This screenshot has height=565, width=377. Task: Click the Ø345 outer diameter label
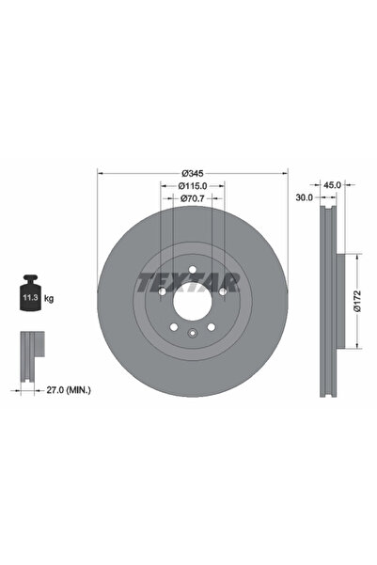tap(193, 173)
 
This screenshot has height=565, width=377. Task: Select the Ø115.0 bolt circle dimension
tap(193, 186)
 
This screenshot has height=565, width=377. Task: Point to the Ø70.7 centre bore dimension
tap(193, 198)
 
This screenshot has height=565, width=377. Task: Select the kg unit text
tap(49, 298)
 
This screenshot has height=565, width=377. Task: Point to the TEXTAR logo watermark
tap(192, 280)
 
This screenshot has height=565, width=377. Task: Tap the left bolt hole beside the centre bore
tap(164, 291)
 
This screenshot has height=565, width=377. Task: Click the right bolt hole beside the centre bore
tap(220, 291)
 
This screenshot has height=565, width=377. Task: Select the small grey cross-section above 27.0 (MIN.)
tap(31, 347)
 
